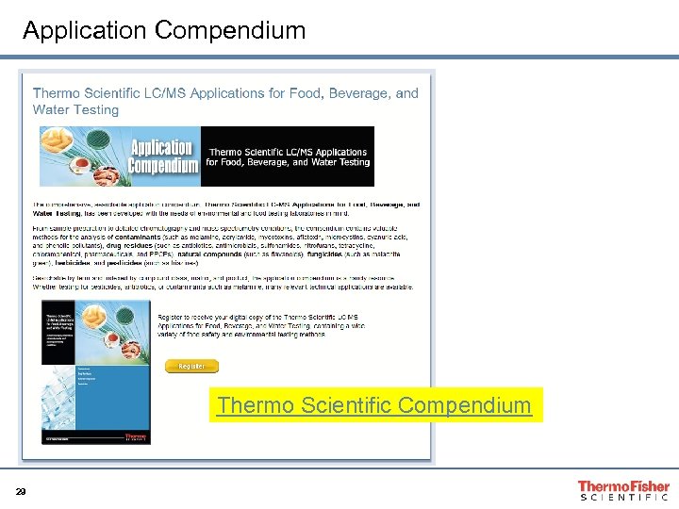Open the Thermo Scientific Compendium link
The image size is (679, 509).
pos(374,405)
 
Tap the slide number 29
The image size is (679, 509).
pos(20,491)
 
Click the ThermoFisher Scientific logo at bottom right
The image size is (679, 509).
pos(623,490)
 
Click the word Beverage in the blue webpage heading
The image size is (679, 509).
pos(358,93)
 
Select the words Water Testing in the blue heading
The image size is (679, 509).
pos(76,109)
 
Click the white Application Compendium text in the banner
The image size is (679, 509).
pos(162,156)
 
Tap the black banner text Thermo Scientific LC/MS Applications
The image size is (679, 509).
pos(288,152)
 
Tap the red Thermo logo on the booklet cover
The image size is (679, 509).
pos(136,437)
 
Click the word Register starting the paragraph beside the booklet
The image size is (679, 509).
pos(174,318)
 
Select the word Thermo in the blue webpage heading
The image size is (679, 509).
pos(56,93)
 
